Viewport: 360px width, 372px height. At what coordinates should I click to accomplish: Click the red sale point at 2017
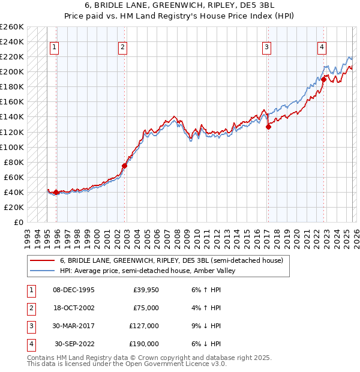click(x=268, y=127)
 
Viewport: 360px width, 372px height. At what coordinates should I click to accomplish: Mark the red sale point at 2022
click(x=323, y=79)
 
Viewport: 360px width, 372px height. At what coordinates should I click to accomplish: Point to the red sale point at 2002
click(x=124, y=166)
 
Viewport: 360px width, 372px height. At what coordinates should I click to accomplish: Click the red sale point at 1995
click(x=56, y=192)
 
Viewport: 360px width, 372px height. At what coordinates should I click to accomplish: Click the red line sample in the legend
click(x=43, y=260)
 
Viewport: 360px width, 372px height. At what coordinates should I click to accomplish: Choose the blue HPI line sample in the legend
click(x=43, y=271)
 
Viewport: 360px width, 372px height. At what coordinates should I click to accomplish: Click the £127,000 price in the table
click(x=144, y=326)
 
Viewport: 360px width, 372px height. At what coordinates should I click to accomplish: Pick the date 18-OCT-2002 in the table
click(x=74, y=308)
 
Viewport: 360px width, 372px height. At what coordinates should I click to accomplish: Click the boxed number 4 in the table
click(x=31, y=344)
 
